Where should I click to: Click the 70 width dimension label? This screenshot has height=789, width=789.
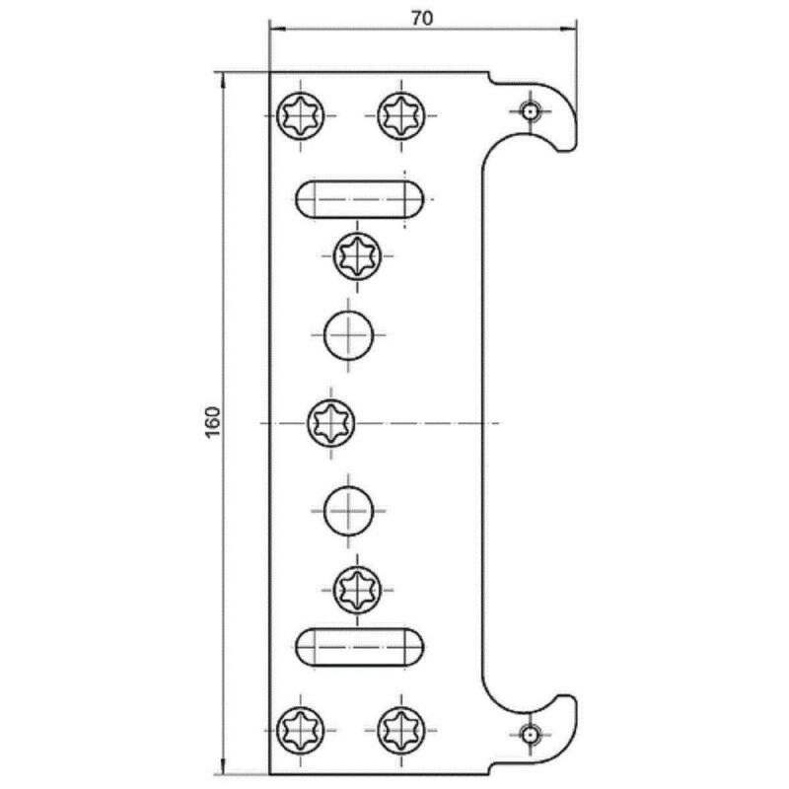(x=422, y=18)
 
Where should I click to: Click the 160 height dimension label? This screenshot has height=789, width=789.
(x=213, y=422)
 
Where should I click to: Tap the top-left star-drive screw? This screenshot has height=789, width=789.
(x=301, y=115)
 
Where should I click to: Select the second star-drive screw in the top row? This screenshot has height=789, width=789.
(x=401, y=115)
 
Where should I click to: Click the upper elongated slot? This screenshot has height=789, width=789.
(x=359, y=199)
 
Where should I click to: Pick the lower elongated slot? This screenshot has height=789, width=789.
(x=359, y=647)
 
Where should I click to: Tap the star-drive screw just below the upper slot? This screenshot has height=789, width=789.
(x=357, y=256)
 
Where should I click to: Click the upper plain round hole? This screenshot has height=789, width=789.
(x=349, y=334)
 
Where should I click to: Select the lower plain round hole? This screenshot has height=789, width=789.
(x=349, y=511)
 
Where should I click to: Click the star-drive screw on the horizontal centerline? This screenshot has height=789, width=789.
(x=331, y=423)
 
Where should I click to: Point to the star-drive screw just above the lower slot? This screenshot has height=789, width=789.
(x=357, y=589)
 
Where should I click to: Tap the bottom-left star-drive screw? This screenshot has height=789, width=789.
(x=301, y=730)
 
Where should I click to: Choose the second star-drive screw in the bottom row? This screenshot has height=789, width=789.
(x=401, y=730)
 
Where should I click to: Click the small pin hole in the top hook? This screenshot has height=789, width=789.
(x=530, y=110)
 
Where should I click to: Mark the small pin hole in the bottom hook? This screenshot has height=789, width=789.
(x=530, y=735)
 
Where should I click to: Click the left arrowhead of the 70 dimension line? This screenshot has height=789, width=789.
(x=277, y=30)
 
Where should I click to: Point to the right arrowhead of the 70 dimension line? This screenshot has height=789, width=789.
(x=569, y=30)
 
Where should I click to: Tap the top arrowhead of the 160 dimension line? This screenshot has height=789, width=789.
(x=222, y=81)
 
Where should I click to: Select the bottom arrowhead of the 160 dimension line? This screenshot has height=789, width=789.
(x=222, y=765)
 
